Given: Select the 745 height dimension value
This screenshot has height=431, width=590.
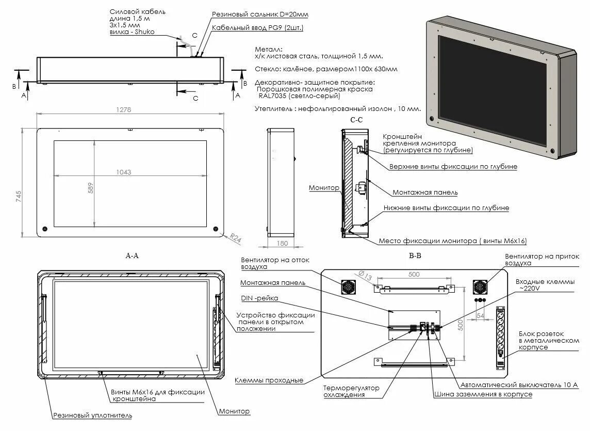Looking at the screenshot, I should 19,196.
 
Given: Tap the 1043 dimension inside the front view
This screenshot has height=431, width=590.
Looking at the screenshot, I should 124,172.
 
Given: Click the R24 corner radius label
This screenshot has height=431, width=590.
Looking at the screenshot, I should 235,238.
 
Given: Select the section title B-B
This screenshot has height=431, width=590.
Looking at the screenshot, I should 415,255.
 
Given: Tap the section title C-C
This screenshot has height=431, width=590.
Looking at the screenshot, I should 356,120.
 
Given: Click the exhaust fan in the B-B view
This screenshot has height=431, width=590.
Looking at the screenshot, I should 348,288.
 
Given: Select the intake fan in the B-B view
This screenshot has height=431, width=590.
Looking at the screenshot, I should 481,288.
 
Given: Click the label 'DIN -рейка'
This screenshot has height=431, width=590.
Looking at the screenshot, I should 259,298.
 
